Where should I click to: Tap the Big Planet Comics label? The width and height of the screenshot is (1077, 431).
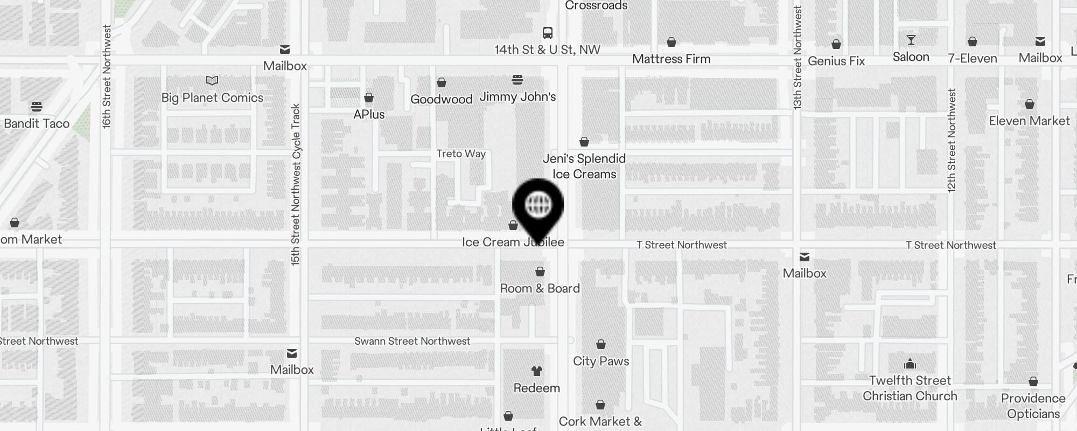pyautogui.click(x=212, y=98)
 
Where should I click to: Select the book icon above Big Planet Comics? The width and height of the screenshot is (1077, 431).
pyautogui.click(x=212, y=81)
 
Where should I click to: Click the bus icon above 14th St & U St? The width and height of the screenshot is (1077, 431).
pyautogui.click(x=548, y=33)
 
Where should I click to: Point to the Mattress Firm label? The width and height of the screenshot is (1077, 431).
pyautogui.click(x=671, y=59)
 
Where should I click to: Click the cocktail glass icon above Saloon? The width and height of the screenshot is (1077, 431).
pyautogui.click(x=911, y=40)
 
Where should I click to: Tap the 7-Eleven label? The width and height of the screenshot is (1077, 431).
pyautogui.click(x=973, y=58)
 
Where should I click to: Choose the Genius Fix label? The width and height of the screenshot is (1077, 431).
pyautogui.click(x=836, y=61)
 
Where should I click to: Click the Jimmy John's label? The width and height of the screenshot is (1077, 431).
pyautogui.click(x=517, y=97)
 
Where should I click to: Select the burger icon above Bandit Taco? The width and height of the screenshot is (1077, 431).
pyautogui.click(x=37, y=106)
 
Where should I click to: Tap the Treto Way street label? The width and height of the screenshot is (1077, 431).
pyautogui.click(x=461, y=154)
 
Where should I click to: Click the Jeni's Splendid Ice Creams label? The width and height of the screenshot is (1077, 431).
pyautogui.click(x=584, y=166)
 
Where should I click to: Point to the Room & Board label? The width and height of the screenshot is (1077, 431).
pyautogui.click(x=540, y=288)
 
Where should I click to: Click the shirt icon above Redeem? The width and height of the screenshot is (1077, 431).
pyautogui.click(x=537, y=371)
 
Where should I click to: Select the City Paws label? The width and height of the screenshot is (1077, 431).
pyautogui.click(x=601, y=361)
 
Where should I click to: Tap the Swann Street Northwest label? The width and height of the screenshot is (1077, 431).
pyautogui.click(x=412, y=341)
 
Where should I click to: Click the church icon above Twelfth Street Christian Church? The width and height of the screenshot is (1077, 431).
pyautogui.click(x=910, y=364)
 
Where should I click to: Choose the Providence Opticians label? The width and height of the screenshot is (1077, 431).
pyautogui.click(x=1033, y=406)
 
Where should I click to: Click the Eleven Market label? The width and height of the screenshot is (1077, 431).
pyautogui.click(x=1029, y=121)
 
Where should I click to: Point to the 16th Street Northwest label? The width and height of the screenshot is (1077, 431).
pyautogui.click(x=107, y=77)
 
